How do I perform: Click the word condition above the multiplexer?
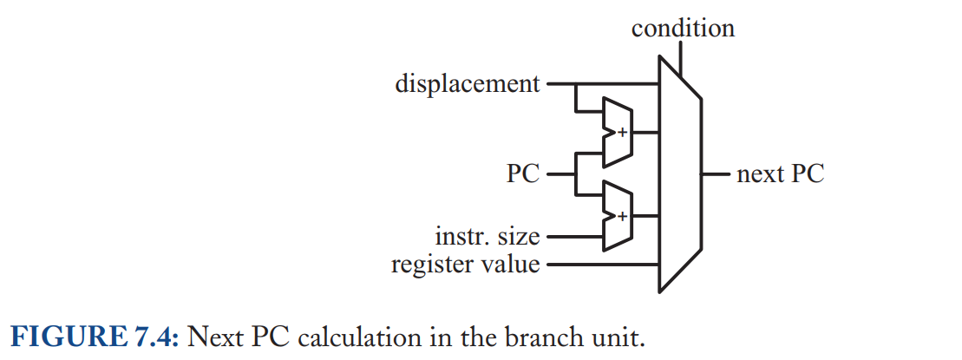point(683,29)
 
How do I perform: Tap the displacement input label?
point(468,83)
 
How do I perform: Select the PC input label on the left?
point(523,174)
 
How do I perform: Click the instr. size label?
point(488,236)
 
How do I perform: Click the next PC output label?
point(781,174)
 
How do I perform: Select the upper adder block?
point(618,132)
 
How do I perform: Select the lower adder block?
point(618,216)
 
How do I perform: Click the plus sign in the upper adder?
point(623,132)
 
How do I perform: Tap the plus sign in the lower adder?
point(623,216)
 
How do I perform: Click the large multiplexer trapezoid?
point(680,173)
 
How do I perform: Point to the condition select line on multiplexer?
point(681,56)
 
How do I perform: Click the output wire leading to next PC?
point(716,174)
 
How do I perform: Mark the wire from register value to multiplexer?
point(603,265)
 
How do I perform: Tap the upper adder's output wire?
point(646,132)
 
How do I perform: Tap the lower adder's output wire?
point(646,216)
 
